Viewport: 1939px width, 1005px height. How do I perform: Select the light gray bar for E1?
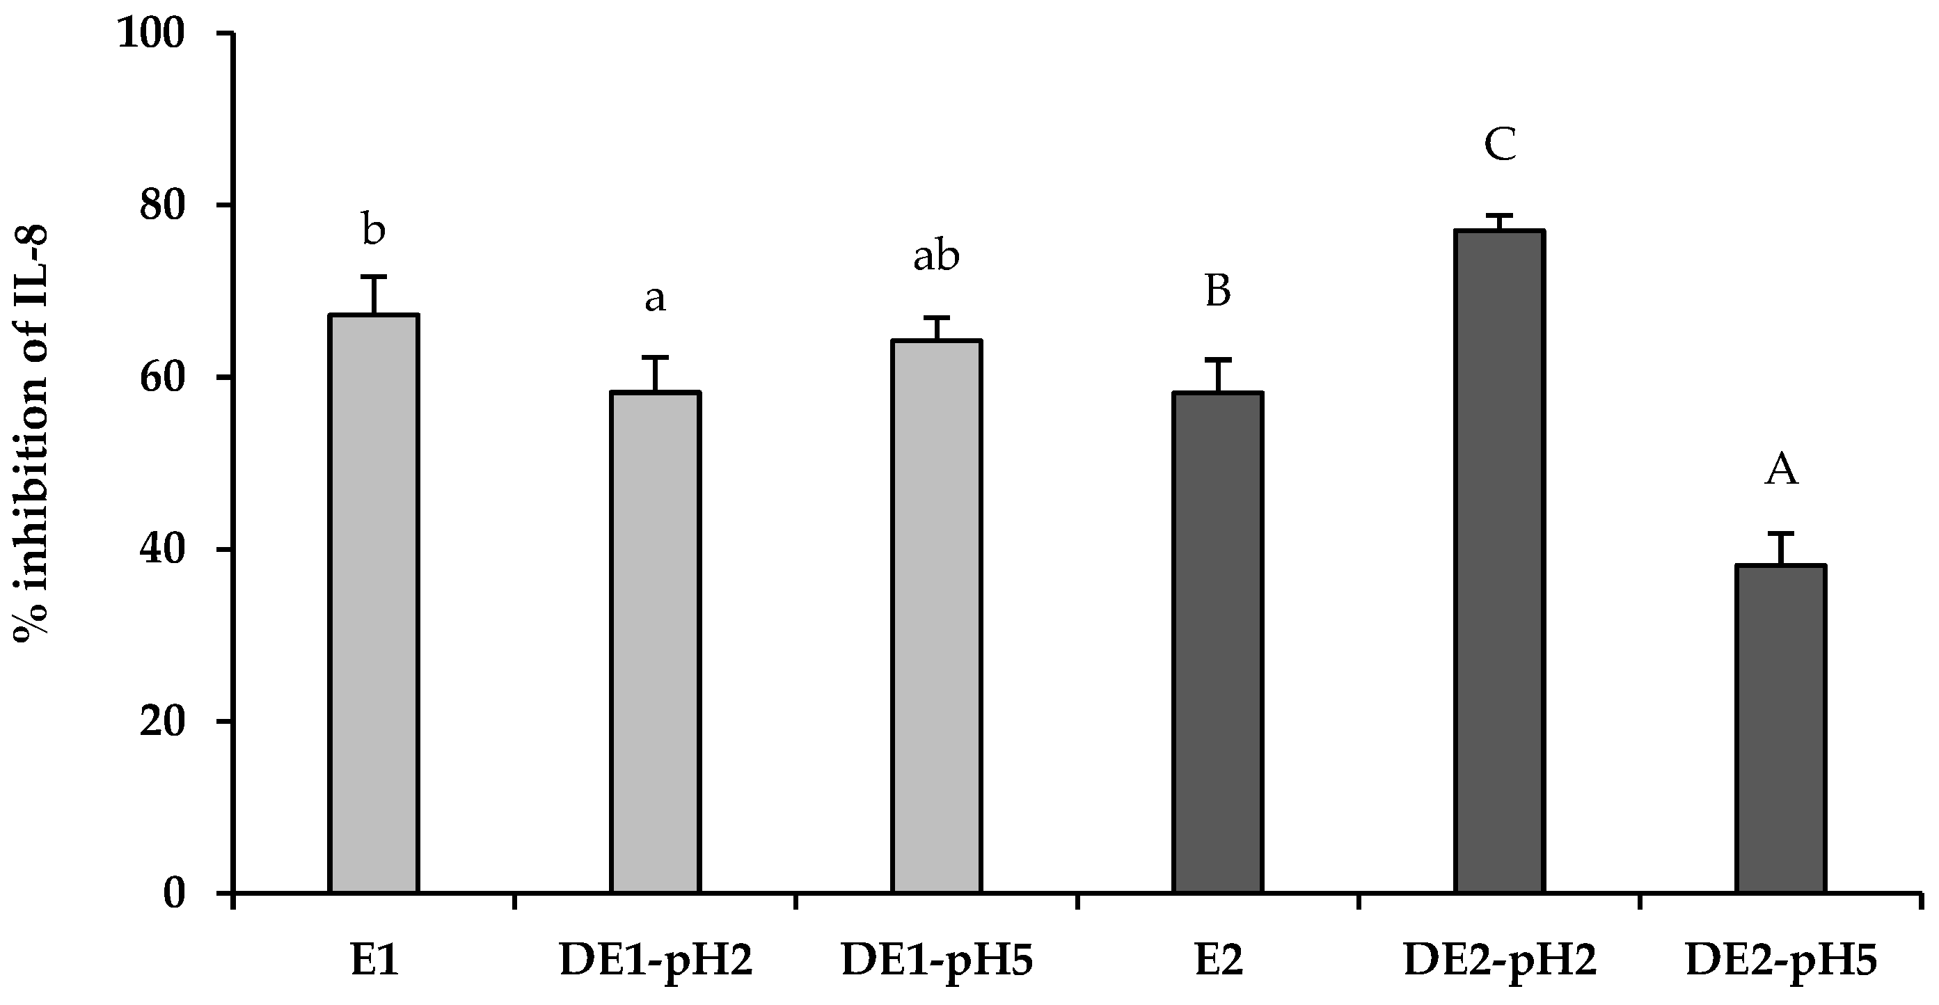[x=374, y=602]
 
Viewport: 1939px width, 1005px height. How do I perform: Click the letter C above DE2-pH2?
[x=1499, y=145]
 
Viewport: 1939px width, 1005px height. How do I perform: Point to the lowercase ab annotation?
[x=936, y=257]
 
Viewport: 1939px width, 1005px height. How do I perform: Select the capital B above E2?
[x=1218, y=292]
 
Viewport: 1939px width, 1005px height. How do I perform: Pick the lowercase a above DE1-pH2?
[x=655, y=299]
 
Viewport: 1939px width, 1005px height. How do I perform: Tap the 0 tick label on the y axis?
[x=175, y=894]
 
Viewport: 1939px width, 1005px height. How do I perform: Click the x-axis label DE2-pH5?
[x=1782, y=961]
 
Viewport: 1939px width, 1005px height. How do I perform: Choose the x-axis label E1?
[x=374, y=961]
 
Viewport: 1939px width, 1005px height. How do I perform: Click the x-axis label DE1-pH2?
[x=656, y=961]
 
